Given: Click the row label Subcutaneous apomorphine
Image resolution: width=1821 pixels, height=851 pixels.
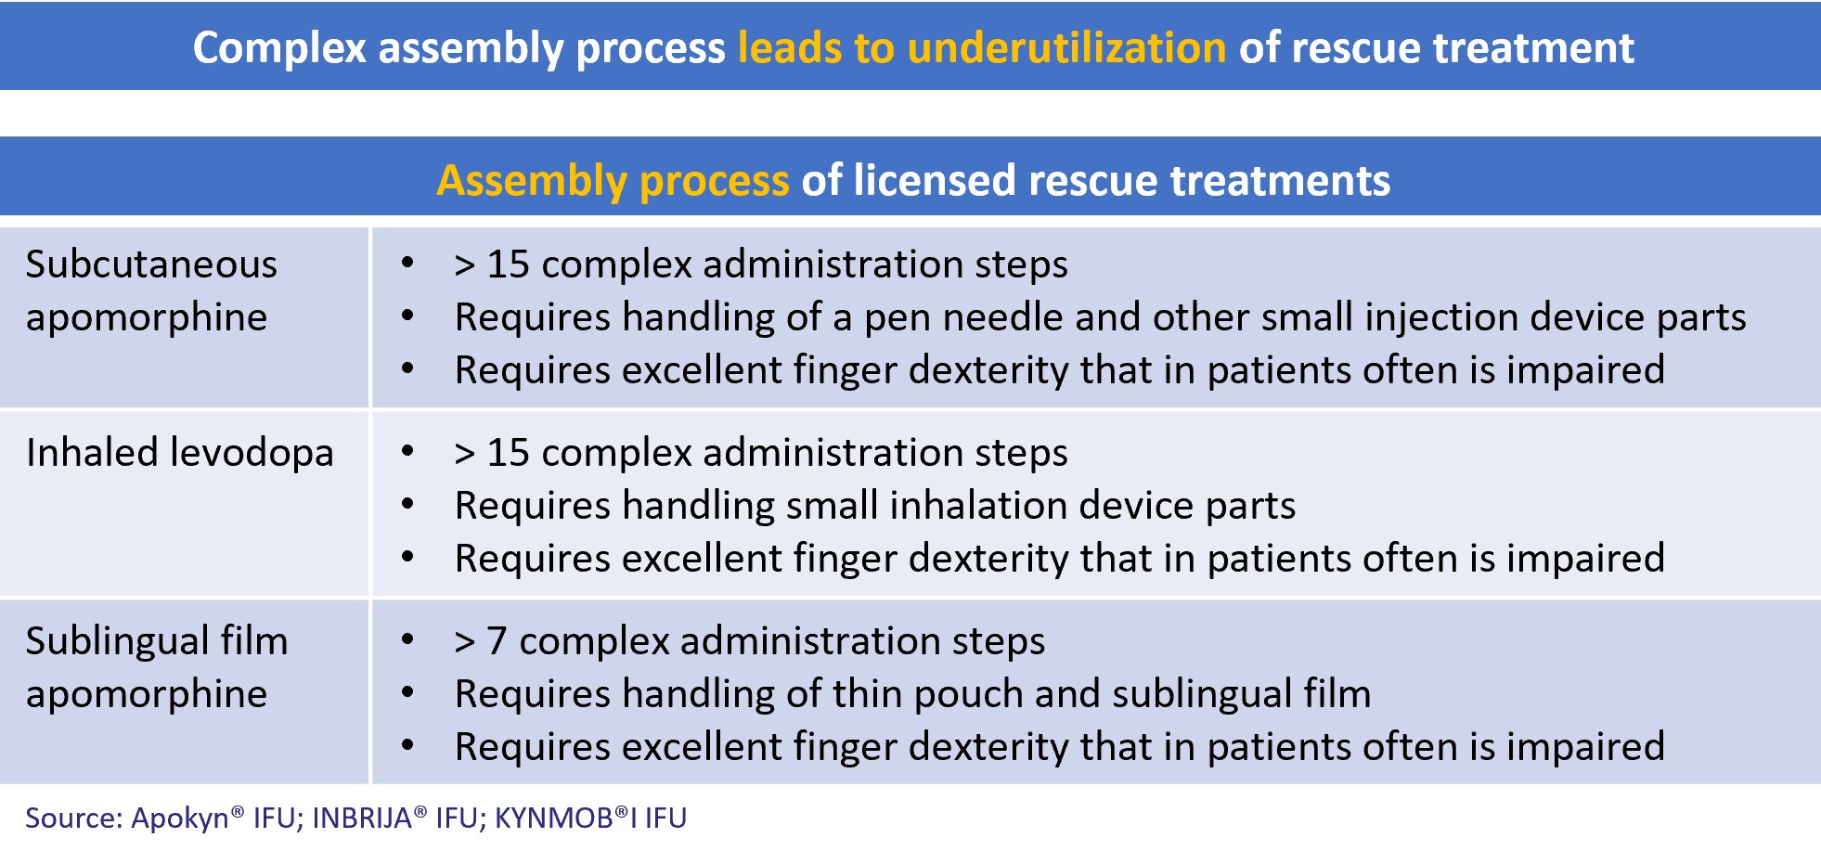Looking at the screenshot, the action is (151, 290).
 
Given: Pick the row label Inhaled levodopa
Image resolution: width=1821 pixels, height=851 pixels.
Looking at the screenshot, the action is (179, 453).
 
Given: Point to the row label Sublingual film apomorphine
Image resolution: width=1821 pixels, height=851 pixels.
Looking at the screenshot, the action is (156, 667).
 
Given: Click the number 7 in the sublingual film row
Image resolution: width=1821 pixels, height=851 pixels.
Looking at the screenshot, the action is (497, 641).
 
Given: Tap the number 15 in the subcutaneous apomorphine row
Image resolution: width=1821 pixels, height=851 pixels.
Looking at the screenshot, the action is (509, 264).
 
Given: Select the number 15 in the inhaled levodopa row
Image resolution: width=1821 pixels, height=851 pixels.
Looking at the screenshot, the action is (509, 453).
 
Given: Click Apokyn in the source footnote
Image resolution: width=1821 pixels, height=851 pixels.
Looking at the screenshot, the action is (180, 819).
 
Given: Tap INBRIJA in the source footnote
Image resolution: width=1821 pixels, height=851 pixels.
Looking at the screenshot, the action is (362, 818).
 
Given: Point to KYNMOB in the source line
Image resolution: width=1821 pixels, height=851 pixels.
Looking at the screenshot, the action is (554, 818).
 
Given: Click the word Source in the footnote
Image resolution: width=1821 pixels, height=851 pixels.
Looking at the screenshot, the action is (73, 819).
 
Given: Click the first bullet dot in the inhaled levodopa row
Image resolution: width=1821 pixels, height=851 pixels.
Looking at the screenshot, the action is (407, 452).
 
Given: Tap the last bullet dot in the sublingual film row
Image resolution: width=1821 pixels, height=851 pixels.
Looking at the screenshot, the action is (407, 746).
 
